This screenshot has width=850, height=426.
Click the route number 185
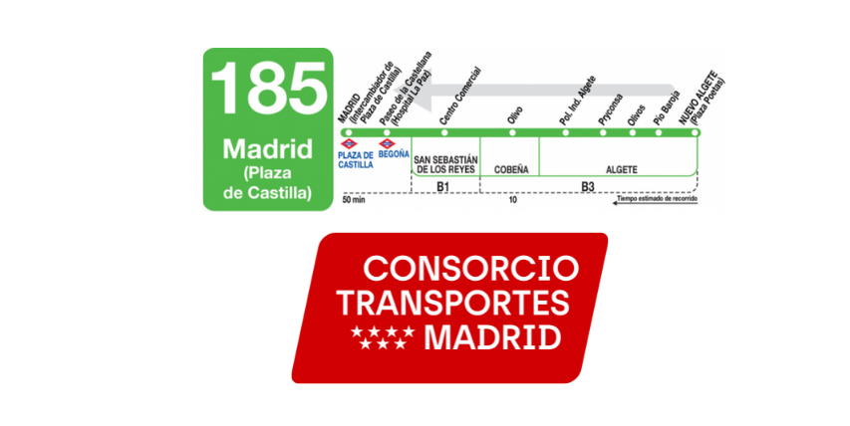coord(268,88)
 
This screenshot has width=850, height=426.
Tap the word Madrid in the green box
coord(267,150)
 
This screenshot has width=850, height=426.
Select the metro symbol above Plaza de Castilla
coord(349,145)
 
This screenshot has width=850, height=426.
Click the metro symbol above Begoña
coord(387,145)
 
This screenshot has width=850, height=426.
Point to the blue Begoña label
coord(394,156)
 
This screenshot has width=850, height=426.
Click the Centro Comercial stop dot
coord(444,132)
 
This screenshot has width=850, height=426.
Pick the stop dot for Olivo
coord(510,132)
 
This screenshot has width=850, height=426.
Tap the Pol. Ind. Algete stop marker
coord(566,132)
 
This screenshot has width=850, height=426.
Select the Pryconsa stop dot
coord(601,132)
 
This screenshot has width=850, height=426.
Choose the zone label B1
coord(445,186)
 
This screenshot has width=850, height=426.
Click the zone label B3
coord(588,186)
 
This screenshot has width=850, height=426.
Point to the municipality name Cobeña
coord(510,169)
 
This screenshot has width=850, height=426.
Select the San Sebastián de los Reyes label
coord(445,164)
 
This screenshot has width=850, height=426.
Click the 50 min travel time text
coord(354,200)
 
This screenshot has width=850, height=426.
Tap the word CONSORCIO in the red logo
coord(470,269)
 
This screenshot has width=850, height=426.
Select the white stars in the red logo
coord(385,337)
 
